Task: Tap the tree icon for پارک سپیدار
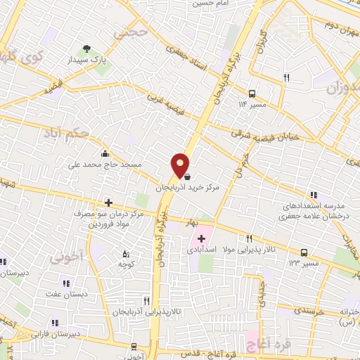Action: [x=86, y=49]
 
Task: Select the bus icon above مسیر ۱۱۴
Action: [x=252, y=94]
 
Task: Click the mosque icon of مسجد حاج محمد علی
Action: [x=105, y=154]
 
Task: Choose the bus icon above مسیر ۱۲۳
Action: [x=304, y=252]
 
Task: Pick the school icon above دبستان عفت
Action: [x=65, y=283]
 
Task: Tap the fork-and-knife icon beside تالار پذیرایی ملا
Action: [x=249, y=239]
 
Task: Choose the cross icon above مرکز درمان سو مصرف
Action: [x=108, y=202]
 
